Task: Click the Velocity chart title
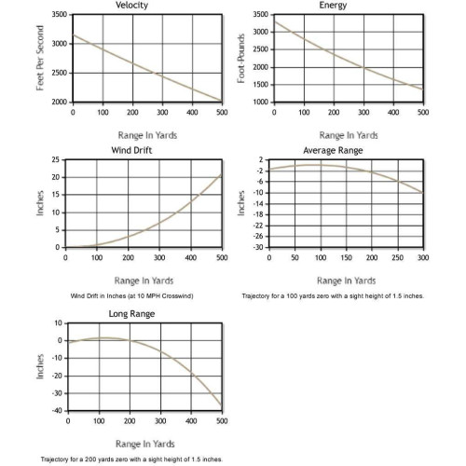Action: [x=131, y=6]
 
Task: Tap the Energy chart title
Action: [x=333, y=6]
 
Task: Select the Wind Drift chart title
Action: [x=131, y=150]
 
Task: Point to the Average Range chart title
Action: [x=333, y=150]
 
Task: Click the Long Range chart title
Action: [x=131, y=314]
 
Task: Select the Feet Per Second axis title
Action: [x=40, y=58]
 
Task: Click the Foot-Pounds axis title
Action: [x=241, y=59]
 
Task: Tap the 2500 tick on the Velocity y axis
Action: [x=60, y=73]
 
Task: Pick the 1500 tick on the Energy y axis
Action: [x=261, y=85]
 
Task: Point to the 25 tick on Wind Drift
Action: [x=56, y=159]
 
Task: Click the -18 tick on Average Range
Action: [x=258, y=214]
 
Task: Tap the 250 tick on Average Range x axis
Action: [x=398, y=257]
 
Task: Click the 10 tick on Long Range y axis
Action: [x=59, y=323]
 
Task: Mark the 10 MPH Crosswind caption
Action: [x=131, y=296]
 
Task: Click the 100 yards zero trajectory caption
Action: [x=333, y=296]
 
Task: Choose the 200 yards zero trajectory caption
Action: [x=131, y=459]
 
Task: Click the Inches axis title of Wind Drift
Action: [x=40, y=203]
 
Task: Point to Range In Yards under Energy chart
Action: [x=349, y=135]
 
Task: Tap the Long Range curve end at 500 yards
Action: [x=222, y=405]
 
